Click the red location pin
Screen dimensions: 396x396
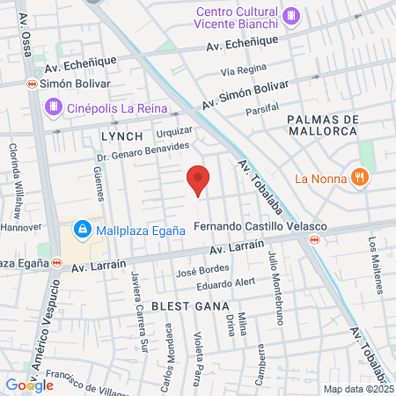[x=199, y=180]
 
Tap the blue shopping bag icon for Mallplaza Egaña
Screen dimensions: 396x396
[x=82, y=230]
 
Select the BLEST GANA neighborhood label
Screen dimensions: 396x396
[x=184, y=305]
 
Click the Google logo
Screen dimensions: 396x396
[x=29, y=385]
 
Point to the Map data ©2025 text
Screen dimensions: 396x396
[x=357, y=389]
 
